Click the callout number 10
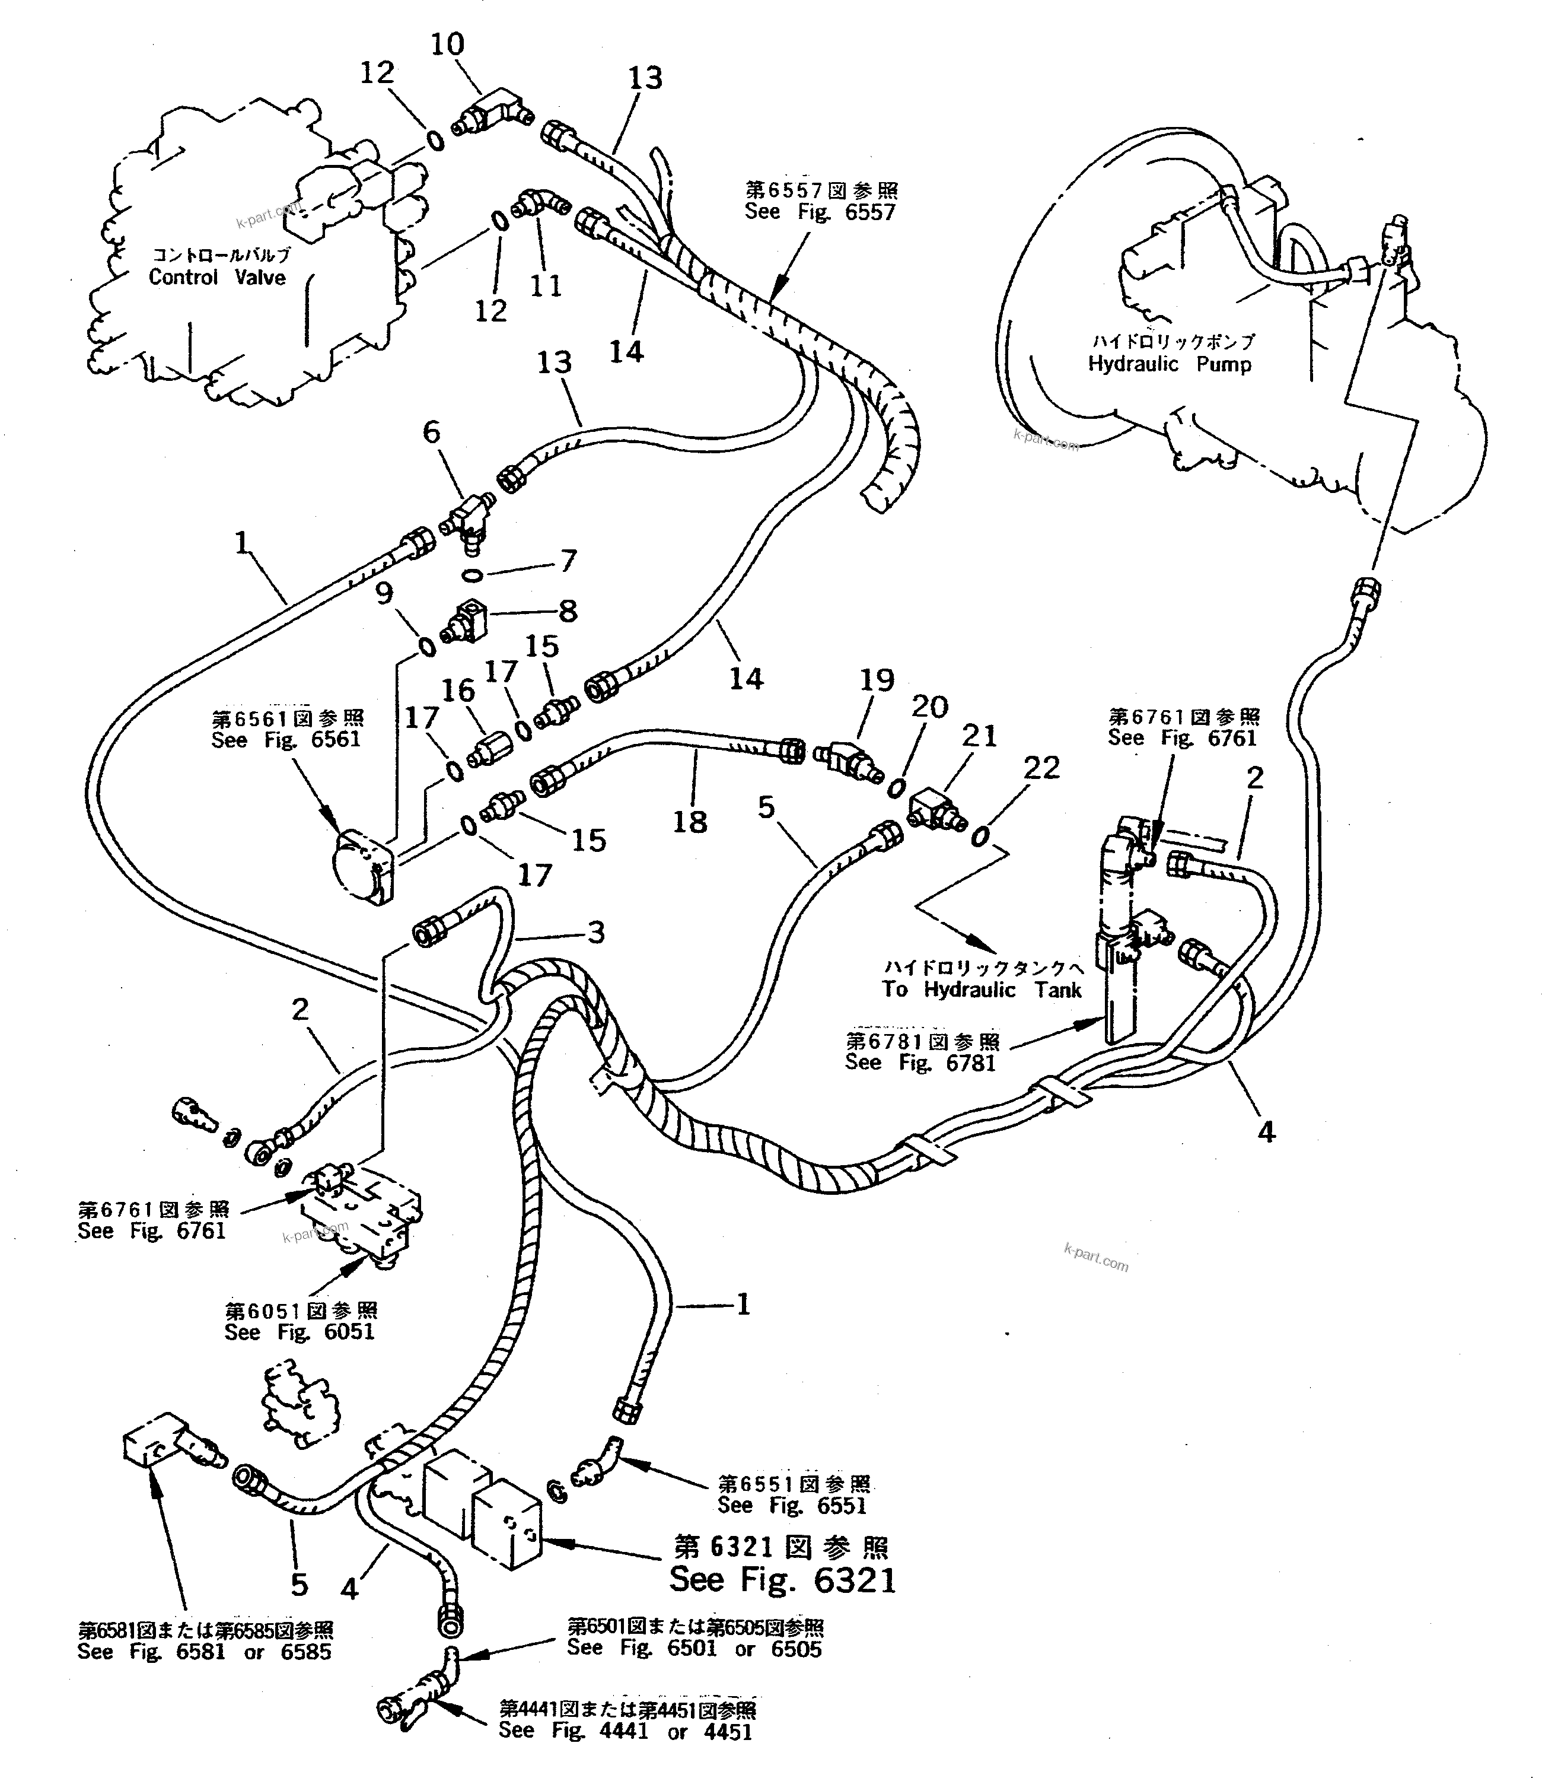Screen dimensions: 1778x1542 (447, 44)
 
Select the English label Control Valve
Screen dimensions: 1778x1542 (217, 277)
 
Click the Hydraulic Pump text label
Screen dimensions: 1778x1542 (1170, 364)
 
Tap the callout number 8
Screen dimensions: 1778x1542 (568, 611)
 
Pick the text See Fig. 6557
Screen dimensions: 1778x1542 (820, 212)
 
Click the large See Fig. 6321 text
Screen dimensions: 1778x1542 (782, 1580)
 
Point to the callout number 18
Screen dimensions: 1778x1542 (689, 822)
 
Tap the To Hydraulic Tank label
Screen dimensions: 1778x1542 (981, 990)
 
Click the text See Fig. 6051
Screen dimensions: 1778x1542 (300, 1332)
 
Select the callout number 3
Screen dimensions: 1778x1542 (595, 932)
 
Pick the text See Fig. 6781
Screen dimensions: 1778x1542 (920, 1063)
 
